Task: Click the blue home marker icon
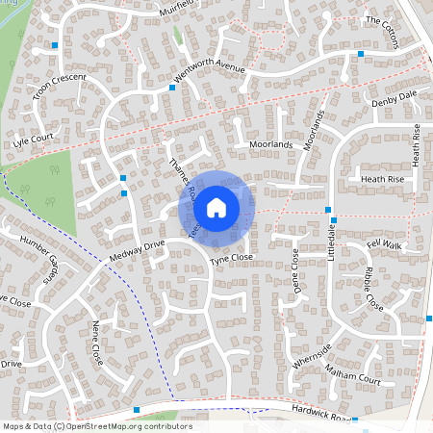[216, 206]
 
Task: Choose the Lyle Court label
[32, 140]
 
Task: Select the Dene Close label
[296, 269]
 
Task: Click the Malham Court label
[353, 373]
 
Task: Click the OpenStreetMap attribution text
[97, 426]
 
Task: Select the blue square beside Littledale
[329, 209]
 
